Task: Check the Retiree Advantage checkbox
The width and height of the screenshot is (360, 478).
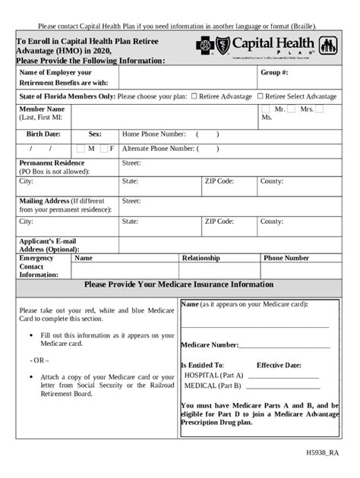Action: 194,96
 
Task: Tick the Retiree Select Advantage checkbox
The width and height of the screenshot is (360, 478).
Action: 261,96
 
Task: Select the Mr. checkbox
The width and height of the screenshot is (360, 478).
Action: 267,109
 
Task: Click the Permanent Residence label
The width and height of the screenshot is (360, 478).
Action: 52,162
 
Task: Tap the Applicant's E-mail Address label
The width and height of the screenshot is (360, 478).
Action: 48,244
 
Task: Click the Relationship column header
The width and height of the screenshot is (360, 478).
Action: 201,258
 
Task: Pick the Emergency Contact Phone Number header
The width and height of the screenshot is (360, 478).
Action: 286,258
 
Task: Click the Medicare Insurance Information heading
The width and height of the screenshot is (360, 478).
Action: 179,285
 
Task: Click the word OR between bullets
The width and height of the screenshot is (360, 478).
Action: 39,360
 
